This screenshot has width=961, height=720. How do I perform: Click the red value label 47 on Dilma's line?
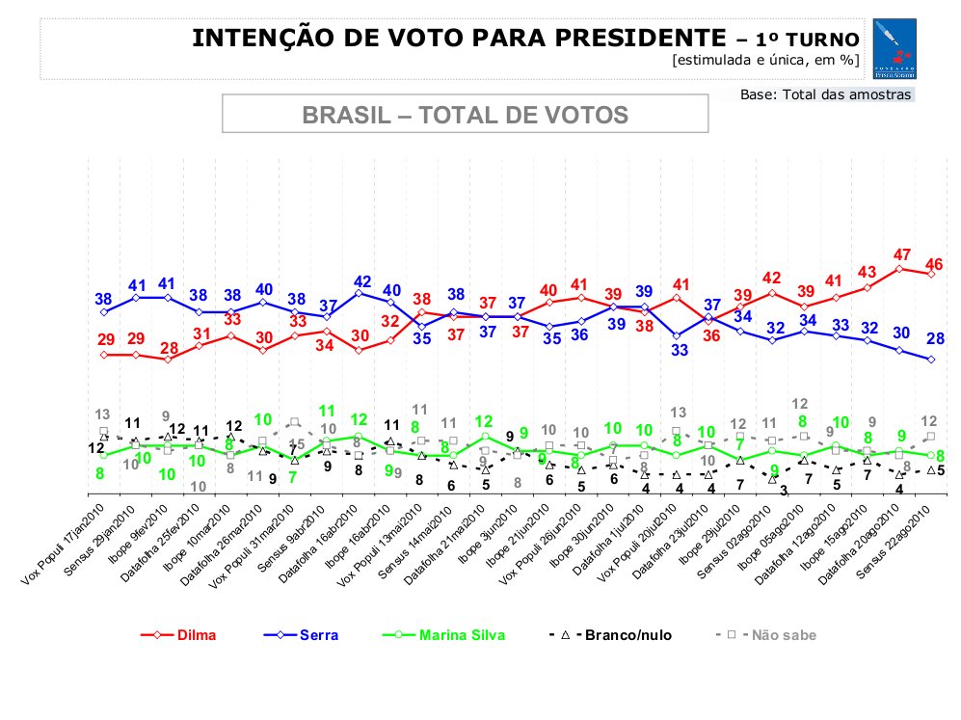[x=902, y=255]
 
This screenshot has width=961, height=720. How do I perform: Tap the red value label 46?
[x=934, y=263]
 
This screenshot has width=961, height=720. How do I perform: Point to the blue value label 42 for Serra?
[x=361, y=282]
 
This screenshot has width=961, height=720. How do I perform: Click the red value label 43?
[x=868, y=272]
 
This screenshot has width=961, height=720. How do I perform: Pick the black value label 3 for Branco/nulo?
[x=784, y=491]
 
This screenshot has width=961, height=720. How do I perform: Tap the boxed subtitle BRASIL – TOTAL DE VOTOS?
[x=466, y=115]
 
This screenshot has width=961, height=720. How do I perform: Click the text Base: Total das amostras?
[x=825, y=94]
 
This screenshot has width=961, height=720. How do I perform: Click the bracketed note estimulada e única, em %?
[x=765, y=61]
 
